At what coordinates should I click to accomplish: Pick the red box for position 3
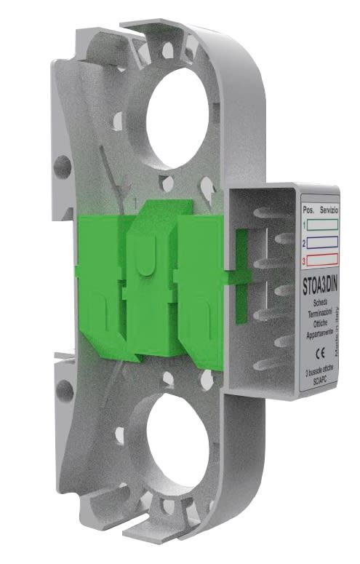(x=324, y=258)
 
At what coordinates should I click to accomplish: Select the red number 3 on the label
(x=304, y=259)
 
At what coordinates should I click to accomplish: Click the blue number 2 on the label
(x=304, y=242)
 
